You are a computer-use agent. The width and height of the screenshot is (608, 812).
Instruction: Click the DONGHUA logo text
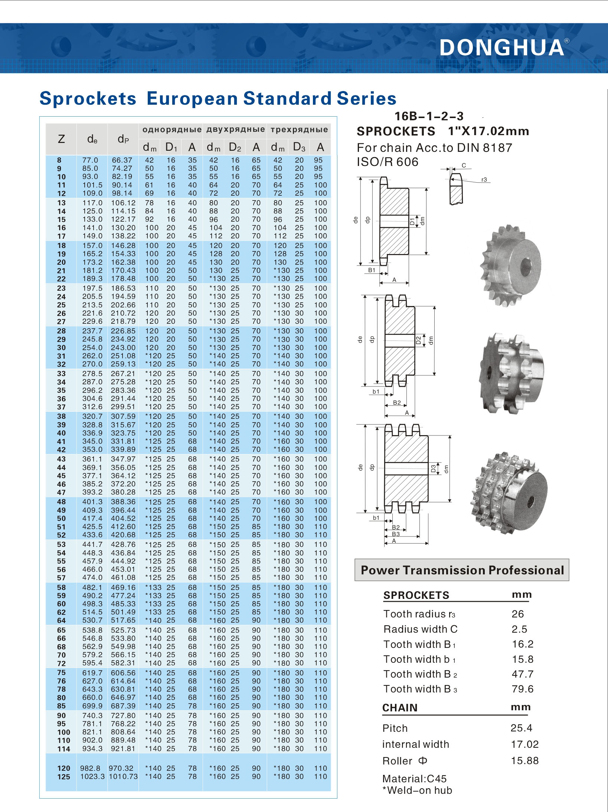click(502, 48)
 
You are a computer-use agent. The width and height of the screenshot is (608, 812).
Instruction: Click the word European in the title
click(192, 99)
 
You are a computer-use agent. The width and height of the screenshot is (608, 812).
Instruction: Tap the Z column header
click(61, 139)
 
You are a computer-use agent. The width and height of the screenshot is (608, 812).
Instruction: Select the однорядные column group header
click(171, 130)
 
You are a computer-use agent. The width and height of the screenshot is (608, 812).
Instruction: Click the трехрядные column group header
click(299, 130)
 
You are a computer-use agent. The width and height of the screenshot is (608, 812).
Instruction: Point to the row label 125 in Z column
click(63, 777)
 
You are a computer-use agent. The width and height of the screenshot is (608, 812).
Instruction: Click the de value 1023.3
click(92, 777)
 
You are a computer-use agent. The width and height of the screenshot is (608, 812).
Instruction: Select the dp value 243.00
click(123, 348)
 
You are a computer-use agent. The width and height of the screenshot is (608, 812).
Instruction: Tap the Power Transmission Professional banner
click(462, 570)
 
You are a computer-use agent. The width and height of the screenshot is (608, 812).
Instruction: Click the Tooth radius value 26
click(517, 614)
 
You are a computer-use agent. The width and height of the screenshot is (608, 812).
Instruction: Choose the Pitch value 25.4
click(521, 728)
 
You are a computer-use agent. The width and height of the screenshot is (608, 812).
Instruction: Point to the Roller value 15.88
click(524, 761)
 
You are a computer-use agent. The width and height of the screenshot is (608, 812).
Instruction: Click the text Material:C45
click(414, 779)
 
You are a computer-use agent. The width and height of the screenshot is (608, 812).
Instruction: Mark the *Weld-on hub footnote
click(417, 790)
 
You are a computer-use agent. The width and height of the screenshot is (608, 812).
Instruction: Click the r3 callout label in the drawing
click(484, 180)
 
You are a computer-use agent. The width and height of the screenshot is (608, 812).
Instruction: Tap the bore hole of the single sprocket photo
click(525, 266)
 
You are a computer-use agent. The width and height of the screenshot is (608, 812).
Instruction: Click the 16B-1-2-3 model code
click(429, 116)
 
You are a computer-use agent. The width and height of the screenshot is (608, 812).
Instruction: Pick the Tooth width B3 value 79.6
click(522, 689)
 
